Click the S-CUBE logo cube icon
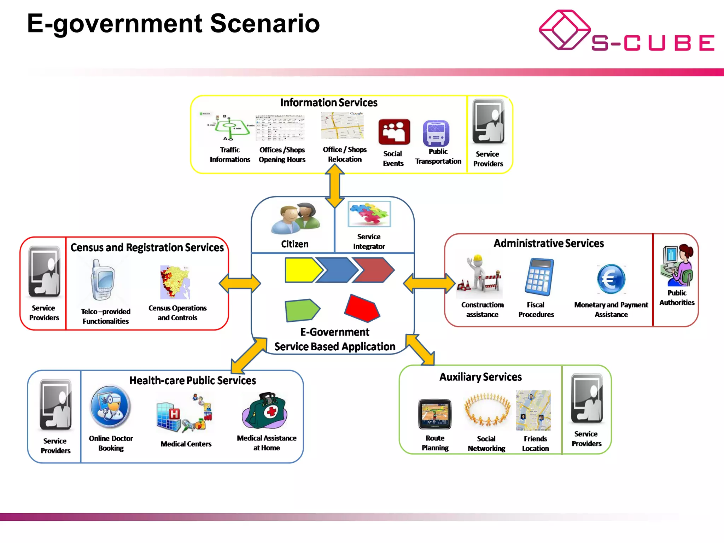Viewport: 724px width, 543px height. click(x=564, y=30)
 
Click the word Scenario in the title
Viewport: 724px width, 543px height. click(x=265, y=23)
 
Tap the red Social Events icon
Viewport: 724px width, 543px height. click(x=394, y=132)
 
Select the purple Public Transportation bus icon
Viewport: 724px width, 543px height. click(x=436, y=133)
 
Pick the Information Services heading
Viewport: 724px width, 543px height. click(x=328, y=103)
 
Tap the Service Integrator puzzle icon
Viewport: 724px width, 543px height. click(x=369, y=214)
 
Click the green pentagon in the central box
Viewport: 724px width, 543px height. click(x=302, y=310)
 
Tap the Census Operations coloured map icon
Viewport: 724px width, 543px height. click(x=175, y=282)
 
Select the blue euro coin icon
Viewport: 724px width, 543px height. click(x=611, y=279)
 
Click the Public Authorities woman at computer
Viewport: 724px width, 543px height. click(x=677, y=265)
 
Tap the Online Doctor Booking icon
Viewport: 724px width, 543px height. click(x=110, y=406)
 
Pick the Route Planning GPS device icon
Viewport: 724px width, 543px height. click(x=434, y=414)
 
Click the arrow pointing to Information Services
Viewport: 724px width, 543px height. click(x=334, y=186)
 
